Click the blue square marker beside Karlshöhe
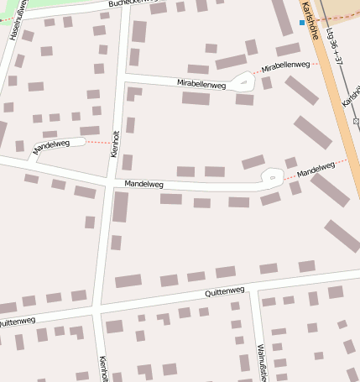(302, 23)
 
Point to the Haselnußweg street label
(16, 24)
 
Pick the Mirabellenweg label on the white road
(202, 82)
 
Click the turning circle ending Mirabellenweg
(243, 82)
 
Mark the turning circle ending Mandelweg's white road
(272, 177)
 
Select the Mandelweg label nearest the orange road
(316, 169)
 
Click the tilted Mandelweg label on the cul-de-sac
(51, 146)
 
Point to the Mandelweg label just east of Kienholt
(143, 183)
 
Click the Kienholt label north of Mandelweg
(116, 144)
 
